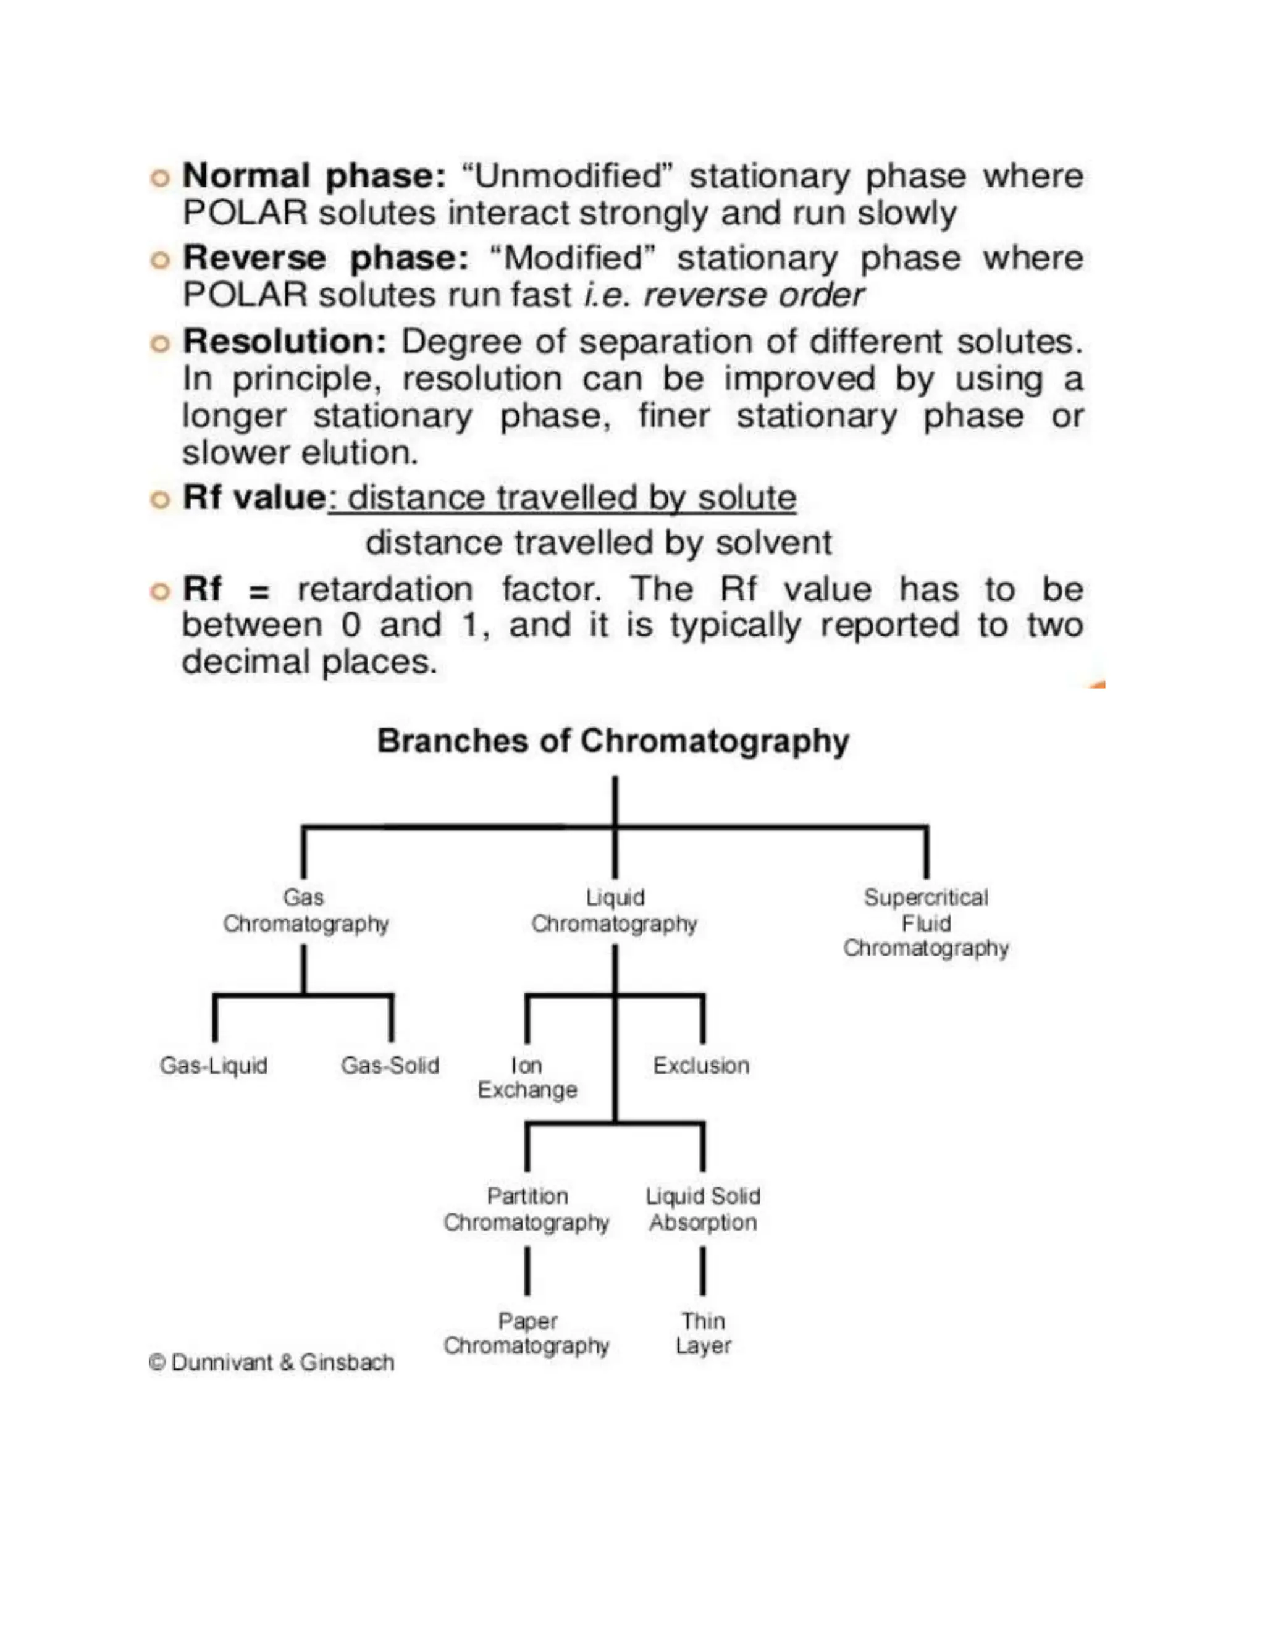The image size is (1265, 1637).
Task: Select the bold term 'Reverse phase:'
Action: point(326,259)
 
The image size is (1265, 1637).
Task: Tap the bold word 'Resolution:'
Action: point(285,343)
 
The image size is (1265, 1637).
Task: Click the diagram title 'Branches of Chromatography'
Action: point(613,741)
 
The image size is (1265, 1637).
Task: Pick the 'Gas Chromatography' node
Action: point(305,911)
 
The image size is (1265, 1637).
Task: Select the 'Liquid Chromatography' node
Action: point(615,911)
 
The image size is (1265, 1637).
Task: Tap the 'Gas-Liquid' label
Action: point(214,1065)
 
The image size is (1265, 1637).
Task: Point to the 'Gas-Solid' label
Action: point(390,1065)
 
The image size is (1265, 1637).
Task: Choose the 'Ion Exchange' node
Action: point(527,1077)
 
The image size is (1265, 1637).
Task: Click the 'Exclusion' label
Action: point(700,1065)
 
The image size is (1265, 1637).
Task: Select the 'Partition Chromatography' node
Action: point(527,1209)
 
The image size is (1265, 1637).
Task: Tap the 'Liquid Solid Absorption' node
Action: point(703,1209)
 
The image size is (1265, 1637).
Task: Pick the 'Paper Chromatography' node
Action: point(527,1334)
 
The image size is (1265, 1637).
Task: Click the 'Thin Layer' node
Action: point(703,1334)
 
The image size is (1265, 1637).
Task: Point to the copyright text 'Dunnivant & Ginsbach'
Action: point(282,1362)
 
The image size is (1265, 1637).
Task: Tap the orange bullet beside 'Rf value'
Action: point(159,500)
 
